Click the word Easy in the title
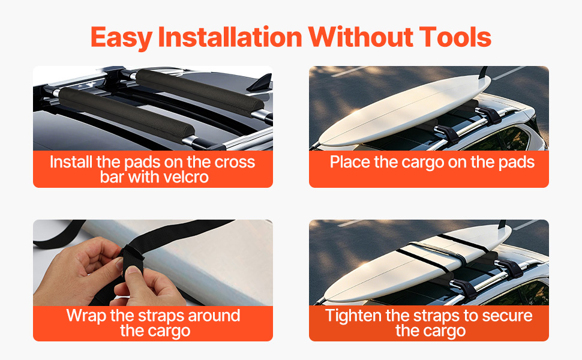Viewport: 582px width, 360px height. [121, 38]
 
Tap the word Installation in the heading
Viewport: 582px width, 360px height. [230, 37]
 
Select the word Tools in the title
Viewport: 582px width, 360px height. [455, 37]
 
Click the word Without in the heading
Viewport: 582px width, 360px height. [361, 37]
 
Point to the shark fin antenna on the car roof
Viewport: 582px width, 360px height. [260, 83]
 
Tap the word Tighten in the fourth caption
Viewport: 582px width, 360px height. [353, 316]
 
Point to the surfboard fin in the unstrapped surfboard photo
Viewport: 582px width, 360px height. [483, 73]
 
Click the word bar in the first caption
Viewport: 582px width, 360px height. [112, 177]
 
